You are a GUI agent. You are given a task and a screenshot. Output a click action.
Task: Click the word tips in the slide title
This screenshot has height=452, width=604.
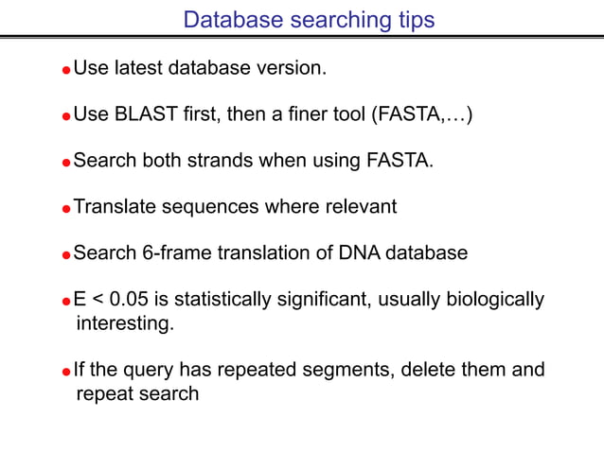(x=413, y=20)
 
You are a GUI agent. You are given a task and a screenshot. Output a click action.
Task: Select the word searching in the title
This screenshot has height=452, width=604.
(x=331, y=20)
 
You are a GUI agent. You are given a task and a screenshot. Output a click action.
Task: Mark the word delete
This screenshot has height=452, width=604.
(x=434, y=369)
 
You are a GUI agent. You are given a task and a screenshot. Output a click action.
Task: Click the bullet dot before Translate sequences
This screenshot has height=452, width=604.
(x=66, y=209)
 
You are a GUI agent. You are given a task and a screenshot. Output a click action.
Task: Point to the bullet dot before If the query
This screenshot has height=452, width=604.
(x=66, y=371)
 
